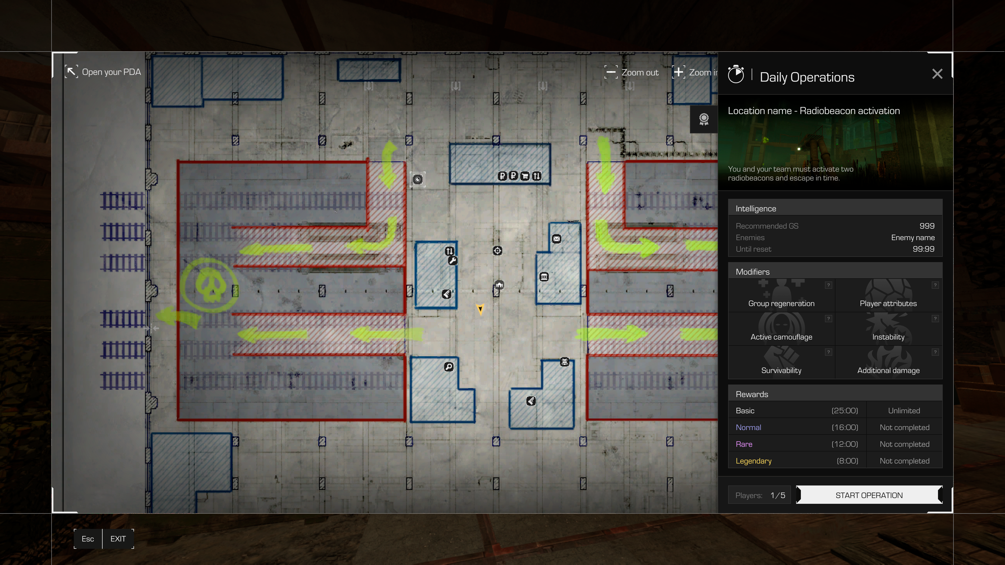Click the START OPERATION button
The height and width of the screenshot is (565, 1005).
point(869,495)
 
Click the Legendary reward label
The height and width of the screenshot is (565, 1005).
point(753,461)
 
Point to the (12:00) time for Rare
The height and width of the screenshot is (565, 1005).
point(845,444)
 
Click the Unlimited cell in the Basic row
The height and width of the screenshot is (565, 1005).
point(904,411)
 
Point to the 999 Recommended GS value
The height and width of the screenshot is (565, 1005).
point(926,226)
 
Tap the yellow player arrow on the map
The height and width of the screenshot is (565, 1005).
point(480,309)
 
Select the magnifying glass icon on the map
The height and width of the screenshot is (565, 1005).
point(449,366)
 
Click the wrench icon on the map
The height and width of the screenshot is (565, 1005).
point(453,261)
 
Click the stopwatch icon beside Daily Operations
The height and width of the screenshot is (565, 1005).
point(736,75)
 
